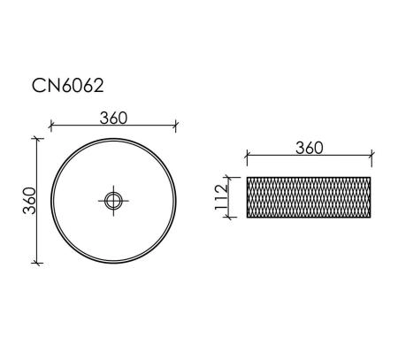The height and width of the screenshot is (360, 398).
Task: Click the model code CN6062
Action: point(68,86)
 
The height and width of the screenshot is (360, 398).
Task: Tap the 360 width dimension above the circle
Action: point(113,118)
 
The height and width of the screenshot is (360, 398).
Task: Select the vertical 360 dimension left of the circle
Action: point(29,201)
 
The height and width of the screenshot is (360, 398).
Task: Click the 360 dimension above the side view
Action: point(310,148)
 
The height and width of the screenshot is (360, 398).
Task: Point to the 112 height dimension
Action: point(221,197)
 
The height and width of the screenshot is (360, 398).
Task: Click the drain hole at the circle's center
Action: point(113,201)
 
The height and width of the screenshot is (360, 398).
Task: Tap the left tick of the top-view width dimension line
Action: point(51,126)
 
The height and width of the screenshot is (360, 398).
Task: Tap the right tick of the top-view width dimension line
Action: point(176,126)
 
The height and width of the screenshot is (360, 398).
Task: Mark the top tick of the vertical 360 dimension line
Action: point(36,138)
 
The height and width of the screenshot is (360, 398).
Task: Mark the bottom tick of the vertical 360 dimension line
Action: point(36,263)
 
